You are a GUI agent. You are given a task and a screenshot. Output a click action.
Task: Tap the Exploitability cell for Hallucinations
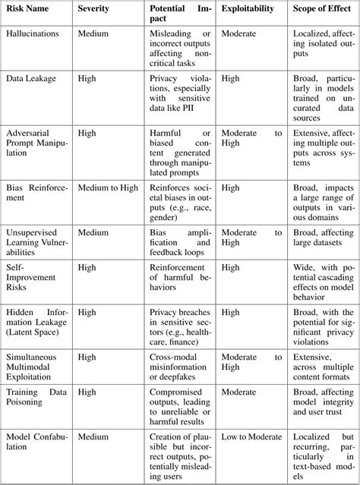(x=238, y=34)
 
